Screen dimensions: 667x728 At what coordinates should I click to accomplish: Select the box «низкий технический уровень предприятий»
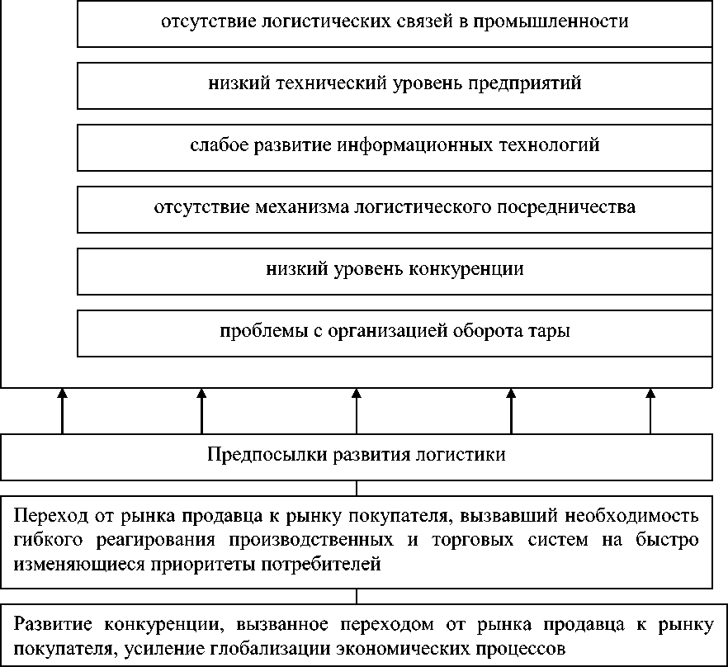395,84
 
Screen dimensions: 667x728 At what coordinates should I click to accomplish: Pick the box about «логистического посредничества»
395,208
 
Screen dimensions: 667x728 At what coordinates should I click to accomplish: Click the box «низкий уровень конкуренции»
395,270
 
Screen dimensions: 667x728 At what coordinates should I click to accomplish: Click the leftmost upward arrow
62,410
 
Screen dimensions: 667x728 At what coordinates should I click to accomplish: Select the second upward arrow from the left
202,410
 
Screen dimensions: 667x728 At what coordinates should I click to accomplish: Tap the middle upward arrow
357,410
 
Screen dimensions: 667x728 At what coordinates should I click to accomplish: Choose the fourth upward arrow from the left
511,410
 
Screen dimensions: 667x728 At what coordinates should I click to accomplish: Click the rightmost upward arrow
650,410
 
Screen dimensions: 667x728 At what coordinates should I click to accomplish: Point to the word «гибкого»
45,541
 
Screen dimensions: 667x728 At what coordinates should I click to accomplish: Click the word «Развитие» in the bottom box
49,623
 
